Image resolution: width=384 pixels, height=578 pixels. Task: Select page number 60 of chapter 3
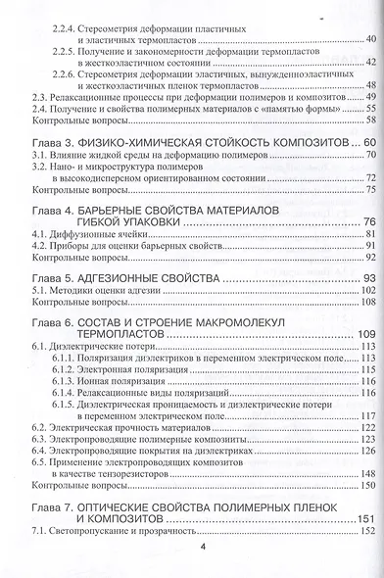click(x=368, y=143)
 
